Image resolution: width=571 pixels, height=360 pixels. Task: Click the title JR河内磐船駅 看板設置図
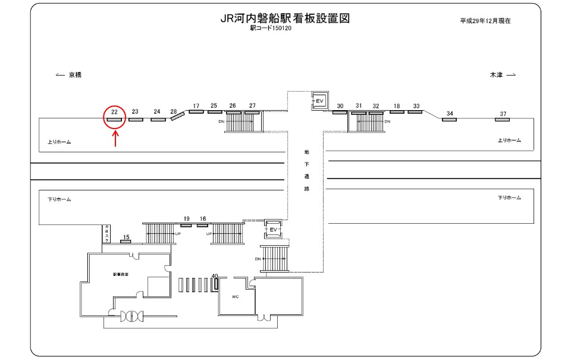285,18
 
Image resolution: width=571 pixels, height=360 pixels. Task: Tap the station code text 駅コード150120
271,28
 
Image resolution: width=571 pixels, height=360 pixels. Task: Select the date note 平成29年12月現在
485,20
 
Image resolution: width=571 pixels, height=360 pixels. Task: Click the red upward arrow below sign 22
115,138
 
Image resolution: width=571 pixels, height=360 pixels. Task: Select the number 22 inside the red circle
114,111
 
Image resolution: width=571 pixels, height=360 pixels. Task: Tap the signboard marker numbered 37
503,120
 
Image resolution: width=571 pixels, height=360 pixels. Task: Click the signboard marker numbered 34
449,120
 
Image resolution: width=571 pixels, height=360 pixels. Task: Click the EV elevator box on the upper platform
319,101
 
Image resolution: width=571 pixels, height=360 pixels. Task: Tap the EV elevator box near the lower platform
274,228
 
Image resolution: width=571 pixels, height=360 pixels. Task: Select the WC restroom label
235,295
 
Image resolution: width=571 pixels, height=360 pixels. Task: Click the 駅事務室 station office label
121,274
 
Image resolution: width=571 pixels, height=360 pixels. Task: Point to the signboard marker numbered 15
126,241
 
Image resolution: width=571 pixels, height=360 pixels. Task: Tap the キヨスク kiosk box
107,234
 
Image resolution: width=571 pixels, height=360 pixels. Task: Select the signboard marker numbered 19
186,225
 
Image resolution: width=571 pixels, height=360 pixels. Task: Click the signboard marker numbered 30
340,112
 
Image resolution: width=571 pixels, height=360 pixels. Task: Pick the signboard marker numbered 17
196,111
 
